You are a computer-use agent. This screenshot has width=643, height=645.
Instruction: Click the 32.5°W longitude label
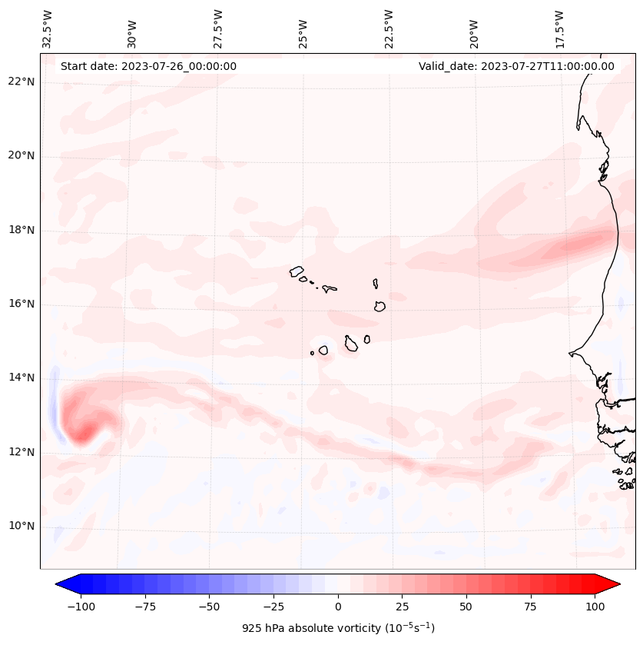pyautogui.click(x=48, y=28)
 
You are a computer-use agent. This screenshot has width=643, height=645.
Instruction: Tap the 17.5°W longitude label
pyautogui.click(x=559, y=28)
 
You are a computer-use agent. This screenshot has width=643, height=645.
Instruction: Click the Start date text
pyautogui.click(x=148, y=66)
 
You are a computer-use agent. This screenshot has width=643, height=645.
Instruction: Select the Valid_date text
pyautogui.click(x=516, y=66)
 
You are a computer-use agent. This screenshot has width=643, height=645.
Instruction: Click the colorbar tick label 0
pyautogui.click(x=338, y=607)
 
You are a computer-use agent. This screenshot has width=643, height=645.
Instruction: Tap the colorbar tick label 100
pyautogui.click(x=595, y=607)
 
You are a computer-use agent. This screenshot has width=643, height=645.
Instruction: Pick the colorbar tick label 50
pyautogui.click(x=466, y=607)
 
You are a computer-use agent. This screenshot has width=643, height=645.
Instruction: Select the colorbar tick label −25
pyautogui.click(x=274, y=607)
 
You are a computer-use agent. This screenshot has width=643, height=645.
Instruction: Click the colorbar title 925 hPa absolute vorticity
pyautogui.click(x=338, y=628)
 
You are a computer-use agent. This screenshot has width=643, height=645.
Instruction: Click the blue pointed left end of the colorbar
pyautogui.click(x=63, y=584)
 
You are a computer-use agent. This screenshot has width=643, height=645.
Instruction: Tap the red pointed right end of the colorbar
pyautogui.click(x=612, y=584)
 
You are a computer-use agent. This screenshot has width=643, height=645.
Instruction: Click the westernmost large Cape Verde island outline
pyautogui.click(x=297, y=271)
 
